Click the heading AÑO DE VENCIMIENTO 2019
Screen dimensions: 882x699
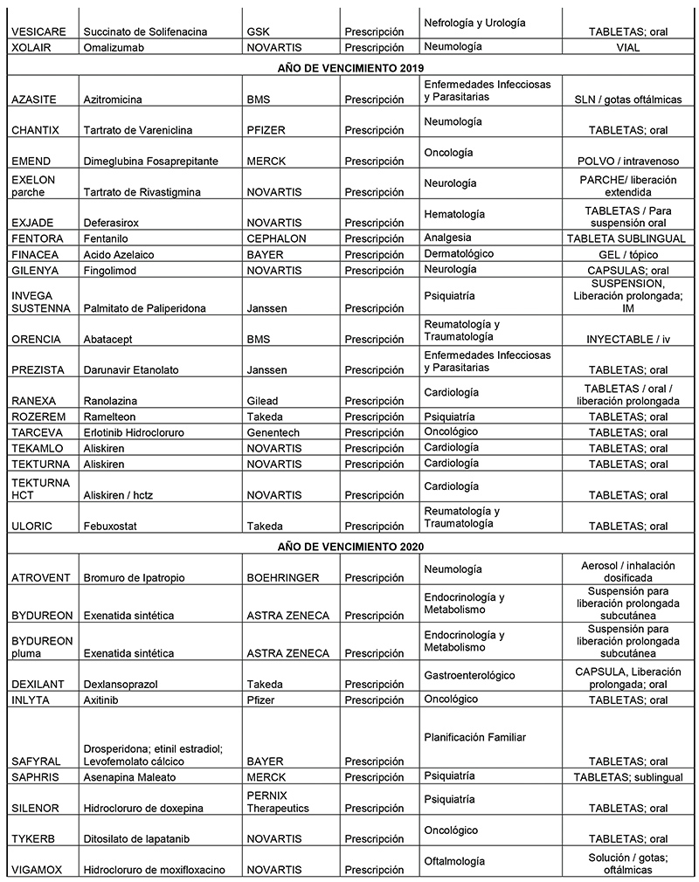[x=350, y=67]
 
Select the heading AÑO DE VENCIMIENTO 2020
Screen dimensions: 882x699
[x=350, y=546]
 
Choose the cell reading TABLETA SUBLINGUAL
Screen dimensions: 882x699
[x=629, y=238]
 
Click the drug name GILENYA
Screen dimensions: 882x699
[x=35, y=270]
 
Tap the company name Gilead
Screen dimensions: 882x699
[x=265, y=401]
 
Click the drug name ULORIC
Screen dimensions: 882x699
[x=33, y=527]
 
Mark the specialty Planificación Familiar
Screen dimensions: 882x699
[x=474, y=738]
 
